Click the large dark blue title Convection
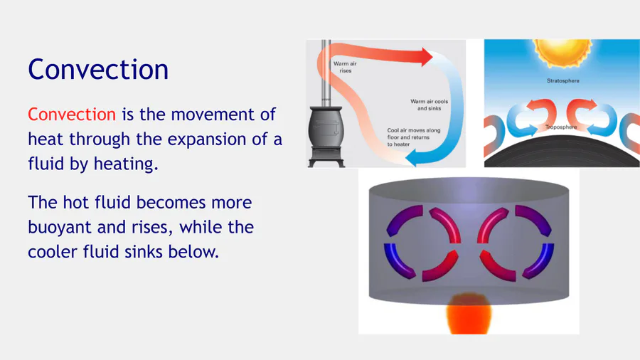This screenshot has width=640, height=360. click(x=98, y=69)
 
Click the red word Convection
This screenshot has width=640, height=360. click(x=72, y=115)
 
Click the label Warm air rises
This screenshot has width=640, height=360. click(x=346, y=67)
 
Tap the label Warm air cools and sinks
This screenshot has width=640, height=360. click(x=429, y=105)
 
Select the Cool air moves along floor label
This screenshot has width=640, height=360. click(x=413, y=137)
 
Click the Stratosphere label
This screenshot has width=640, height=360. click(x=563, y=81)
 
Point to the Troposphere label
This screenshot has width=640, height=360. click(x=561, y=127)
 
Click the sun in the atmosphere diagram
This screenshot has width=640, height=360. click(x=562, y=52)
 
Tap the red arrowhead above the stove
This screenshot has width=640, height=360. click(x=427, y=57)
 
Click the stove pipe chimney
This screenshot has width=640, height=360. click(x=326, y=73)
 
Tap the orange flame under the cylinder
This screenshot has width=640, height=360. click(x=469, y=314)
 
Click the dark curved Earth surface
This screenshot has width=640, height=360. click(x=562, y=153)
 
